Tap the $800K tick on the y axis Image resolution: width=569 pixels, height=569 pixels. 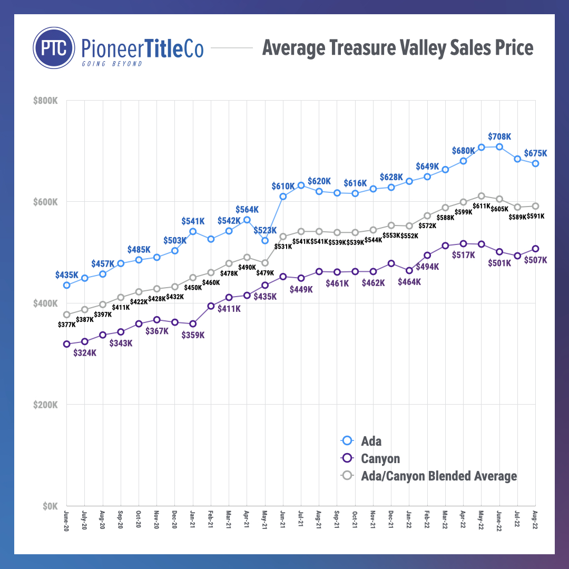click(x=46, y=101)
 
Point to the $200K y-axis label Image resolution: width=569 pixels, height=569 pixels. click(x=46, y=405)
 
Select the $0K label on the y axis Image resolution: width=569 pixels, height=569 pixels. click(x=49, y=506)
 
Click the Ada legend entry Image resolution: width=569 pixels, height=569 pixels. click(x=371, y=441)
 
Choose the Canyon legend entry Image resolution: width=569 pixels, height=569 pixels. click(x=380, y=458)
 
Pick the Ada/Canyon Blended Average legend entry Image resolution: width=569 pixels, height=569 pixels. click(x=438, y=476)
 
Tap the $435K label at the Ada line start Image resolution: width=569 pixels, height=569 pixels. click(x=67, y=275)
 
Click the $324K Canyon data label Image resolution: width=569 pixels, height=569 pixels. click(x=85, y=353)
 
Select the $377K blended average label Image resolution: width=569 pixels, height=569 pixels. click(x=66, y=325)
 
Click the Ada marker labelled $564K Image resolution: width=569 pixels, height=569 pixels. click(x=247, y=220)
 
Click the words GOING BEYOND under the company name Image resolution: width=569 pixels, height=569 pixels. click(x=112, y=64)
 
